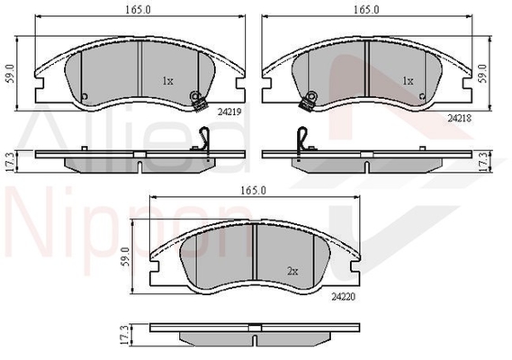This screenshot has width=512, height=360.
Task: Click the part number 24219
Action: (x=229, y=112)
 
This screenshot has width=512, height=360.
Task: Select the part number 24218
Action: (x=460, y=118)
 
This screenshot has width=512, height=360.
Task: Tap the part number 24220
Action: (x=344, y=297)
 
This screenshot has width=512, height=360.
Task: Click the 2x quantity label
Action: (x=292, y=271)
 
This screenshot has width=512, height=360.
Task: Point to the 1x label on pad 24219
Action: (x=168, y=81)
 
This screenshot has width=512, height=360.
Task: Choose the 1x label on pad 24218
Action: (x=409, y=81)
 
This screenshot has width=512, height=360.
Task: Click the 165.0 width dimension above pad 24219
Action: (x=139, y=10)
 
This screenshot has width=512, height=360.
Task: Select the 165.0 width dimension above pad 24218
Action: (x=367, y=10)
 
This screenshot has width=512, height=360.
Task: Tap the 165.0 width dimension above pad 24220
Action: (x=254, y=191)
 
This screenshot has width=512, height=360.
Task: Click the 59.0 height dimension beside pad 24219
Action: (x=11, y=74)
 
